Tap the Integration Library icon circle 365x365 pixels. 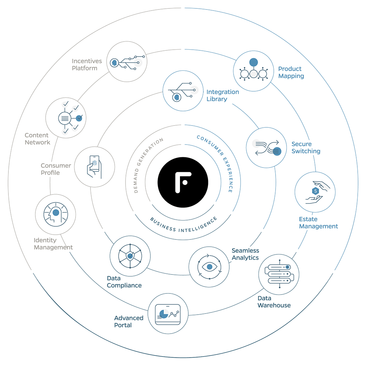coord(183,91)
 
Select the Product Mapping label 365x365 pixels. coord(291,72)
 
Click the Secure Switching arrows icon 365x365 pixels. coord(266,147)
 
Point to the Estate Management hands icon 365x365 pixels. coord(315,192)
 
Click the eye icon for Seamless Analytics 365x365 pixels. coord(209,267)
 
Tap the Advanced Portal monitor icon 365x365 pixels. coord(168,314)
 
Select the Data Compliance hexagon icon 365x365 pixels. coord(130,256)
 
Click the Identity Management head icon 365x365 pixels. coord(55,214)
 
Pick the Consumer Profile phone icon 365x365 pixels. coord(95,167)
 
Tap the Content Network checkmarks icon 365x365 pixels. coord(66,118)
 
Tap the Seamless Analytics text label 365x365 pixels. coord(245,254)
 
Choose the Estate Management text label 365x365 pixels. coord(318,223)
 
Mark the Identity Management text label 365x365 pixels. coord(53,243)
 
